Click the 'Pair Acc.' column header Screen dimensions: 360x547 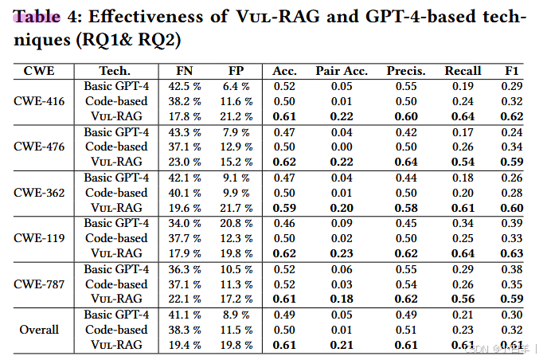click(342, 71)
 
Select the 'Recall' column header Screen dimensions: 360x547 click(463, 71)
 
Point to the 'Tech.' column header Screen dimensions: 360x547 click(115, 71)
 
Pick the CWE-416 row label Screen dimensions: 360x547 click(39, 101)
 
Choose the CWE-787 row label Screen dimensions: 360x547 click(39, 283)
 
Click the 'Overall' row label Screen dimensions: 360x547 click(39, 329)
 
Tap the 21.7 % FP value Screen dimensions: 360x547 click(234, 207)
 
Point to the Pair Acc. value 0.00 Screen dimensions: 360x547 click(342, 147)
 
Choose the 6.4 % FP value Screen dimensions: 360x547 click(234, 86)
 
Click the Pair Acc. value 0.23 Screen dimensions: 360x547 click(342, 253)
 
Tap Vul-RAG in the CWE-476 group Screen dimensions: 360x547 click(115, 162)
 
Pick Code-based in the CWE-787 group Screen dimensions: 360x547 click(115, 283)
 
